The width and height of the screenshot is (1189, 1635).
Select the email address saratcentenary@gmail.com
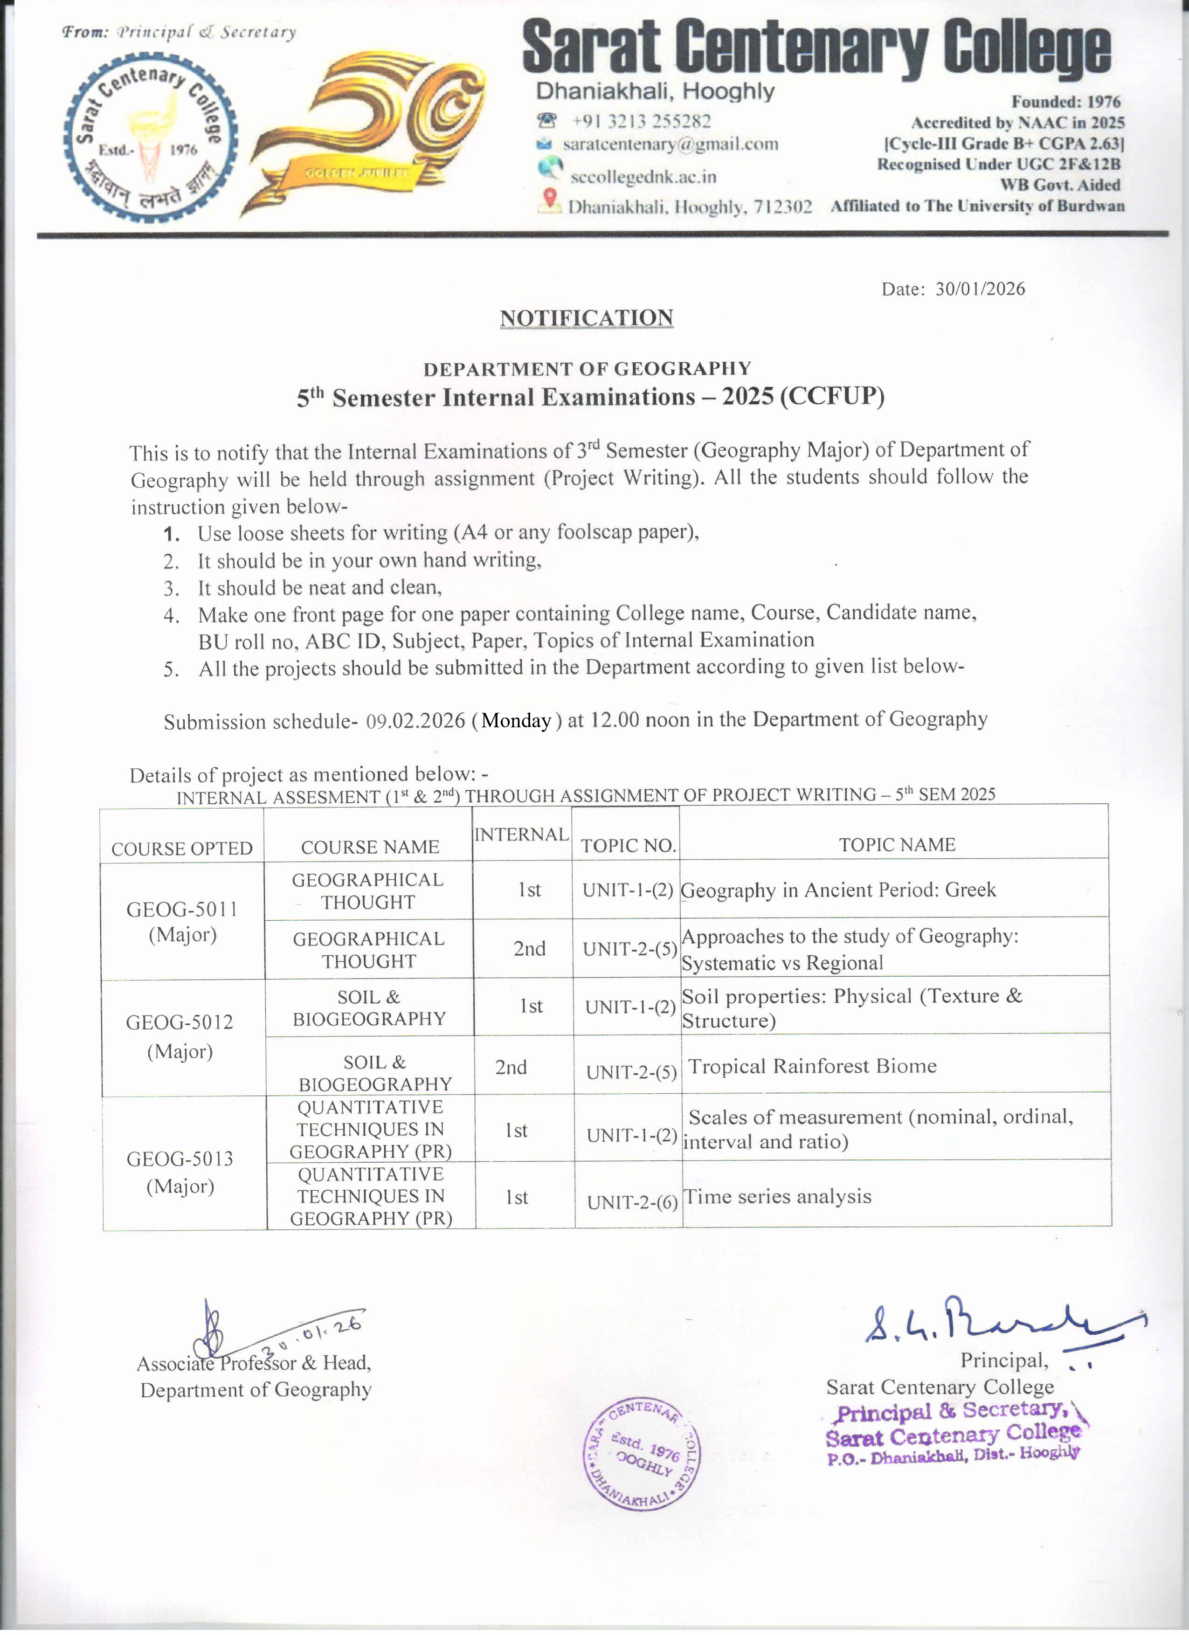[670, 144]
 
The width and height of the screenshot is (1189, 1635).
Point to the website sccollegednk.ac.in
[643, 177]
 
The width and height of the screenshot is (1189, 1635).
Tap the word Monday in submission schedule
[516, 720]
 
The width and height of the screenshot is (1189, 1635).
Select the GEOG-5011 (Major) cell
[182, 921]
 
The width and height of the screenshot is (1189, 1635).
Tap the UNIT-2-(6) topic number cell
[632, 1202]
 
